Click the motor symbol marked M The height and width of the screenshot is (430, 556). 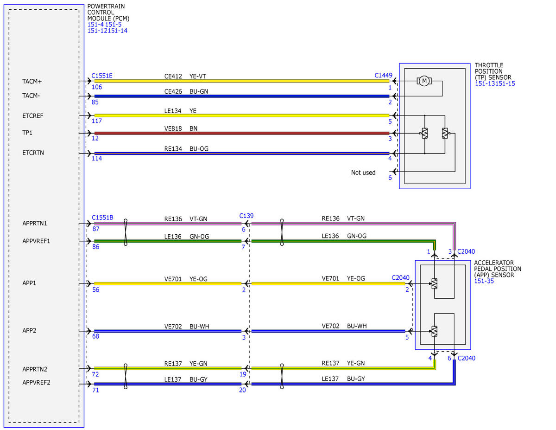click(x=424, y=81)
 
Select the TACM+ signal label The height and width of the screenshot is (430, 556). click(x=32, y=82)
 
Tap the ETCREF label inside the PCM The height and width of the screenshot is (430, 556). click(x=33, y=116)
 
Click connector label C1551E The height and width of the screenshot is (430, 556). click(x=102, y=76)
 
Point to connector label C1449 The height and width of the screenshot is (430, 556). click(x=383, y=75)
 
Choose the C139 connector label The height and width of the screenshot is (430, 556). click(x=246, y=216)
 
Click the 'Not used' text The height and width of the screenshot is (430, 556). click(x=363, y=173)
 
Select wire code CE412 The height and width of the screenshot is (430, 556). click(x=173, y=77)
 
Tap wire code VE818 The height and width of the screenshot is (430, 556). click(x=173, y=128)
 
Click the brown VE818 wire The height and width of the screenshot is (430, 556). click(x=242, y=133)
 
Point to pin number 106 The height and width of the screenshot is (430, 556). click(x=97, y=87)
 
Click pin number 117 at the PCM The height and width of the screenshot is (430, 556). click(x=97, y=121)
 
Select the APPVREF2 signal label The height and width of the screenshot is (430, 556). click(x=36, y=382)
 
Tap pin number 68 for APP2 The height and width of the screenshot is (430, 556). click(x=95, y=336)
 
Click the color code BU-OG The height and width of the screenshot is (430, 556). click(x=199, y=149)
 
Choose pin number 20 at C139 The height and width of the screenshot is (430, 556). click(x=242, y=390)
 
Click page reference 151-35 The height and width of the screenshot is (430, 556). click(x=484, y=281)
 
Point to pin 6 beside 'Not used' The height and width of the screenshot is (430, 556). click(x=390, y=178)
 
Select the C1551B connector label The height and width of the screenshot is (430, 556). click(x=102, y=218)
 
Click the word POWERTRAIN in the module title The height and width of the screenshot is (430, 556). click(x=106, y=6)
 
